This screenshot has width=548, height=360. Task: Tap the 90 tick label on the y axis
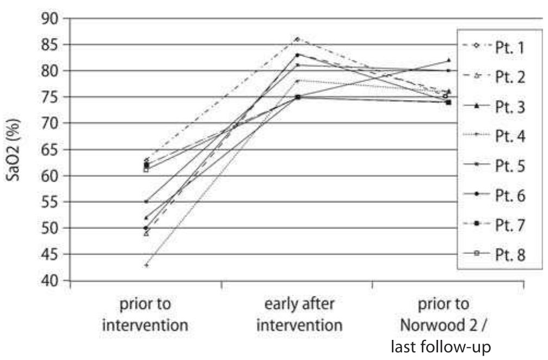click(x=52, y=18)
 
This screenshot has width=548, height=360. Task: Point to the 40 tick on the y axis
click(x=52, y=281)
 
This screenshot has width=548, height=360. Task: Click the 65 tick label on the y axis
click(x=52, y=150)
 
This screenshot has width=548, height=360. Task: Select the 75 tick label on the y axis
click(x=52, y=97)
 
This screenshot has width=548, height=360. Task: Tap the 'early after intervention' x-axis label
click(x=299, y=314)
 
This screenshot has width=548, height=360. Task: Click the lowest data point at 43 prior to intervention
click(x=146, y=265)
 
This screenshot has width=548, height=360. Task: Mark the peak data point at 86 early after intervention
click(x=297, y=39)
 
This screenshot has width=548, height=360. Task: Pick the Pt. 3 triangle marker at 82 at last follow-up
click(x=448, y=60)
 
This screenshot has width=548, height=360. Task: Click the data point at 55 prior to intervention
click(x=146, y=202)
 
